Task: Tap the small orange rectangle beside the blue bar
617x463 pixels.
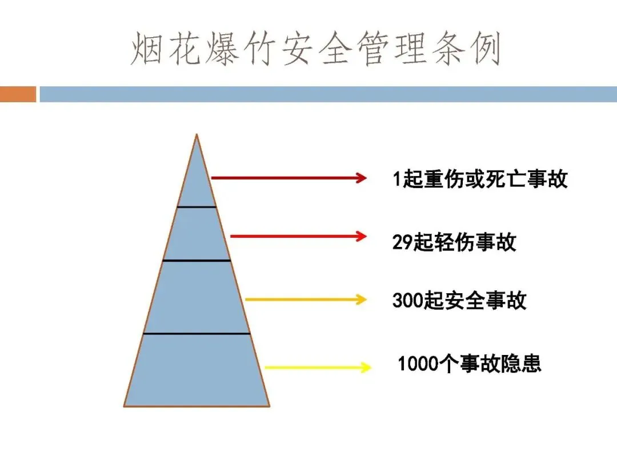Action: (18, 94)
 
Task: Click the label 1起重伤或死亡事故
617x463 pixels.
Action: (480, 179)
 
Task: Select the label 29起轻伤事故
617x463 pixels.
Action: (454, 242)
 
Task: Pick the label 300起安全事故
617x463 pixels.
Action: (459, 301)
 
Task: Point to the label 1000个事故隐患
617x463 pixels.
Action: (469, 364)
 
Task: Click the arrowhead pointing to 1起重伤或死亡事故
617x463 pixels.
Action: (361, 178)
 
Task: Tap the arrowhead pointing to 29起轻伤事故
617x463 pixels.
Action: (361, 236)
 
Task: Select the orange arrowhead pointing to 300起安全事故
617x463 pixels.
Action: (361, 299)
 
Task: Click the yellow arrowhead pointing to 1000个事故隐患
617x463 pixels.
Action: (366, 368)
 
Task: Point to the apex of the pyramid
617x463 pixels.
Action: (197, 136)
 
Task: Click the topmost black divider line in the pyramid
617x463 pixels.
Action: (197, 206)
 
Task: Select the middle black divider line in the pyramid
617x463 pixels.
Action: (197, 261)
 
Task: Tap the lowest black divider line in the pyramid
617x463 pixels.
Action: (197, 333)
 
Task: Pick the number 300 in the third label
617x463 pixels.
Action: (407, 301)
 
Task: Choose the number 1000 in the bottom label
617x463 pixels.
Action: (416, 364)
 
